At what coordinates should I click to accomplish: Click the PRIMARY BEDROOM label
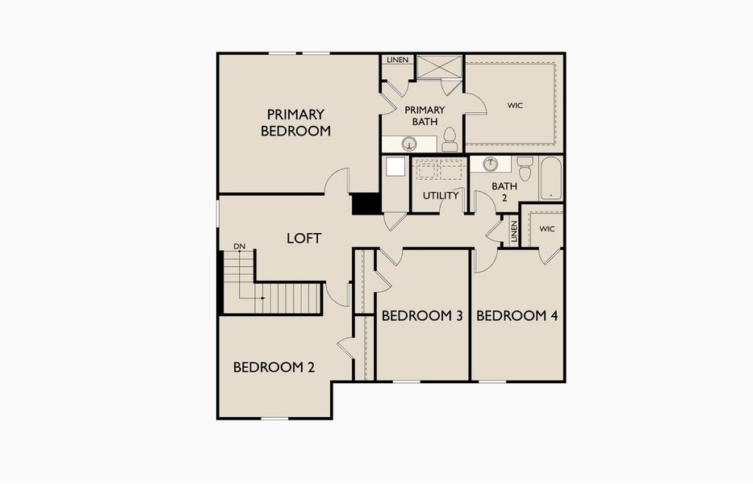[x=295, y=123]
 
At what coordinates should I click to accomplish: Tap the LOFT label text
[x=304, y=238]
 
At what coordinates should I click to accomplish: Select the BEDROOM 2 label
[x=274, y=367]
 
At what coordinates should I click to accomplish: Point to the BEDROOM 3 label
[x=421, y=315]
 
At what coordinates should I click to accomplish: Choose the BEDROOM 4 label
[x=517, y=315]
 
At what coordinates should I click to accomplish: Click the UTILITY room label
[x=441, y=195]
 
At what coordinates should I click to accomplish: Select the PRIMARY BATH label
[x=425, y=115]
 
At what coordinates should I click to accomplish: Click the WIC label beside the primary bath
[x=515, y=105]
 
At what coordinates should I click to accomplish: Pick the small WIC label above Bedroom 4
[x=547, y=229]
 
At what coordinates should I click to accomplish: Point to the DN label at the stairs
[x=239, y=246]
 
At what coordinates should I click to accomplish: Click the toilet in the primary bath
[x=450, y=140]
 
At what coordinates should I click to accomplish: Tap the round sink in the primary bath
[x=409, y=144]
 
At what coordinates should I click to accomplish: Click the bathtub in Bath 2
[x=551, y=178]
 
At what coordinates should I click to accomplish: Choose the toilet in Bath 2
[x=525, y=168]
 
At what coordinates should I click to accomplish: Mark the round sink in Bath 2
[x=490, y=164]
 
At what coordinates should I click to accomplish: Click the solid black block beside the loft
[x=366, y=203]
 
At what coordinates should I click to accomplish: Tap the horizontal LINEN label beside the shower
[x=397, y=60]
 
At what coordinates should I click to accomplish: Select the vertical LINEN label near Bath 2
[x=513, y=232]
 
